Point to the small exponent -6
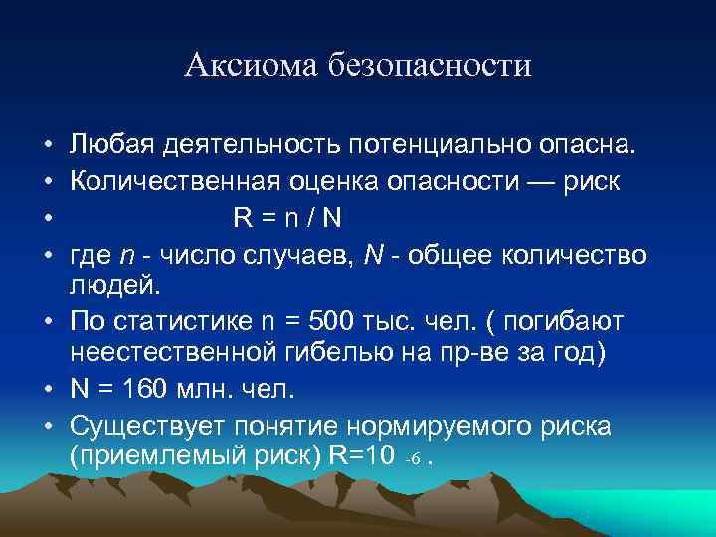[x=415, y=460]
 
